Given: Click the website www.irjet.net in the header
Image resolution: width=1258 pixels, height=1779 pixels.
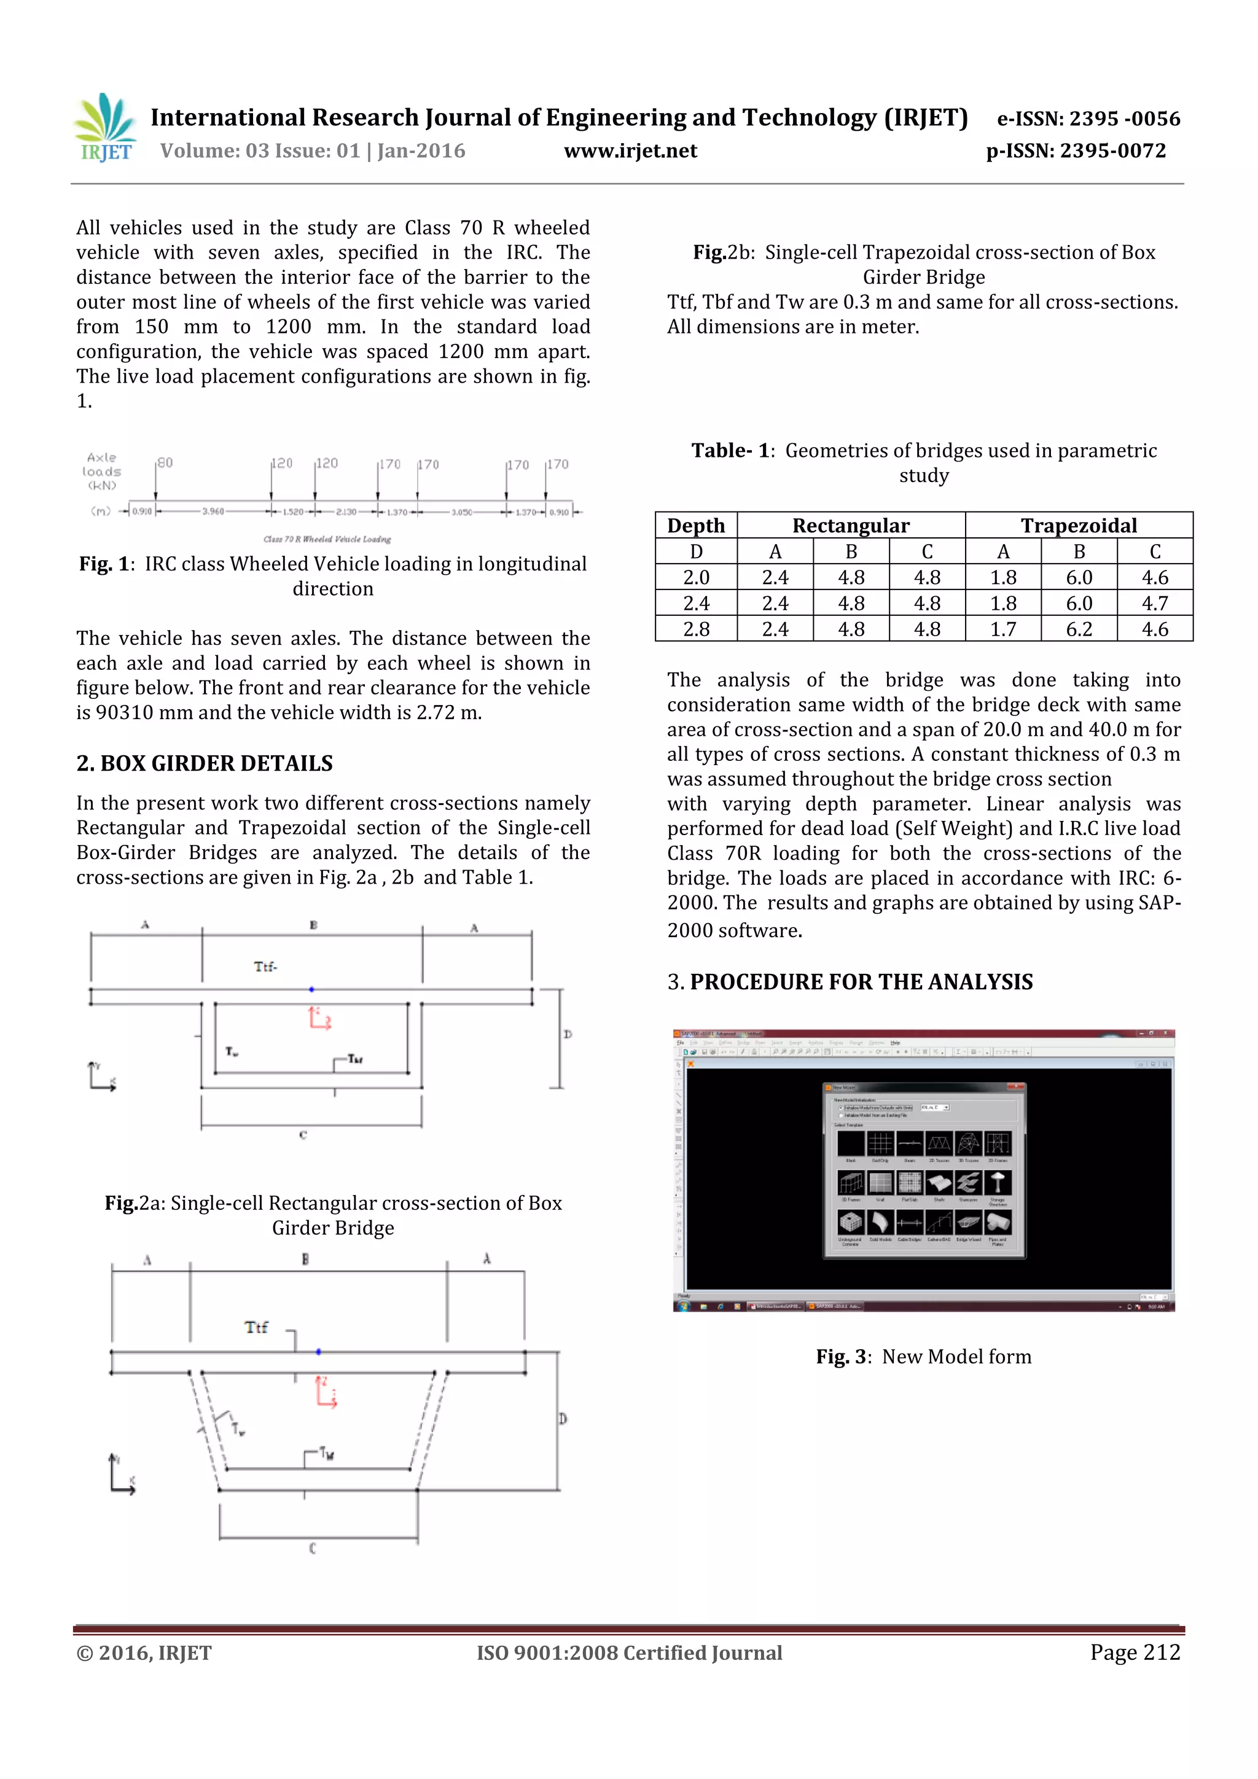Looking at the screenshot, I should click(630, 150).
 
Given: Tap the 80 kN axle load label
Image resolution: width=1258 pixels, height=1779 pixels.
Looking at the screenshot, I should click(165, 462).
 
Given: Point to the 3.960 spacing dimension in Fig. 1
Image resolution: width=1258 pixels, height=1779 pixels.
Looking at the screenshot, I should click(213, 512).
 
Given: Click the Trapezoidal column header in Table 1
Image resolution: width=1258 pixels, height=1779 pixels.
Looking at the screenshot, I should click(1078, 525).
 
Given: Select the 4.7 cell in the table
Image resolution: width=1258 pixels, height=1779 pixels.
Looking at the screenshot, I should click(1154, 603).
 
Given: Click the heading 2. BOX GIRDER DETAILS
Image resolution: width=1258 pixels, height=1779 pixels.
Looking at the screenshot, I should click(205, 763).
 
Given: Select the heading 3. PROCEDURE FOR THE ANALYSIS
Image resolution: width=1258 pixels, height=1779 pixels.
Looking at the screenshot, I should click(850, 982).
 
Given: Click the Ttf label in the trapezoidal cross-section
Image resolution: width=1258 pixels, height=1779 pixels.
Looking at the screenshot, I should click(256, 1327).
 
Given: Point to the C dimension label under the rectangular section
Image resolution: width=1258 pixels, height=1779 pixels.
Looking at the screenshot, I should click(303, 1135).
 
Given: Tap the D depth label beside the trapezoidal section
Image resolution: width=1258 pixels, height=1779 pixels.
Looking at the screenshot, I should click(563, 1418).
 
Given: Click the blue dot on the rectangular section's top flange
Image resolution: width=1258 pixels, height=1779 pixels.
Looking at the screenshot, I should click(311, 989).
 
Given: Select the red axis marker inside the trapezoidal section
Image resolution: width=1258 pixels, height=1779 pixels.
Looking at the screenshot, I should click(326, 1392).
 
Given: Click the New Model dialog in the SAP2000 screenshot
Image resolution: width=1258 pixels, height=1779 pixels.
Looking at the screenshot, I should click(923, 1169).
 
